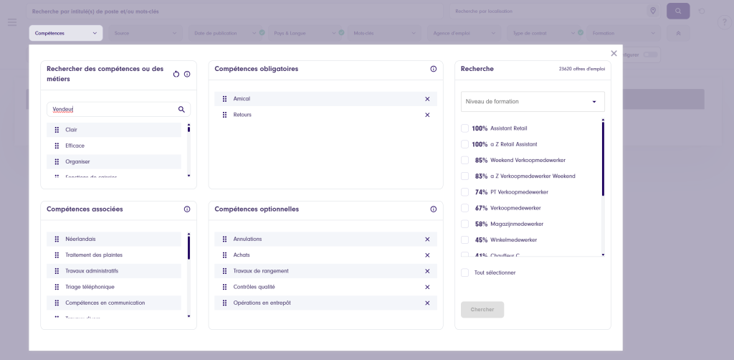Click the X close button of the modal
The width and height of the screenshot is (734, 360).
(x=614, y=53)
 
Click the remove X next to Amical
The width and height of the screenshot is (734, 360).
(x=427, y=99)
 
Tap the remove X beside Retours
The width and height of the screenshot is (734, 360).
(x=427, y=115)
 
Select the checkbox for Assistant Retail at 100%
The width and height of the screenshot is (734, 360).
(x=465, y=128)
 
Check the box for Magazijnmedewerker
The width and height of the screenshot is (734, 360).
(x=465, y=224)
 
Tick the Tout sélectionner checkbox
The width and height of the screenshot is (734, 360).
(x=465, y=273)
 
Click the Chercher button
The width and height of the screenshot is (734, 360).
(x=482, y=310)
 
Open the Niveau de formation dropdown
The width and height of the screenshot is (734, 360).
(x=533, y=102)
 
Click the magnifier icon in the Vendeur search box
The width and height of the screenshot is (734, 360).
(x=181, y=110)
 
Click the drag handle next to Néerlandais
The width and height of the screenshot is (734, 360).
(x=57, y=239)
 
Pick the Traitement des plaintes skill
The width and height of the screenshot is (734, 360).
(x=93, y=255)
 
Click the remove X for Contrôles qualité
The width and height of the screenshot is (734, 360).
(x=427, y=287)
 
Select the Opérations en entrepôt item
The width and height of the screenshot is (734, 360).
(x=262, y=303)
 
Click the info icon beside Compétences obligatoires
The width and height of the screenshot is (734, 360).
(x=434, y=69)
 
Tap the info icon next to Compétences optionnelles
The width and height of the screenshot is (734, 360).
(x=434, y=209)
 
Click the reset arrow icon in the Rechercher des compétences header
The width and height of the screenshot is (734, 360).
(x=176, y=74)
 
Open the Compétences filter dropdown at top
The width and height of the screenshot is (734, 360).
(x=65, y=33)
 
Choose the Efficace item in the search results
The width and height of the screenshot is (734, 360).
(x=75, y=146)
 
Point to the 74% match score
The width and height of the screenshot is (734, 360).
(x=481, y=192)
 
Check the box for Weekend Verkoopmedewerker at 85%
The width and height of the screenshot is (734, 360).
(x=465, y=160)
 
